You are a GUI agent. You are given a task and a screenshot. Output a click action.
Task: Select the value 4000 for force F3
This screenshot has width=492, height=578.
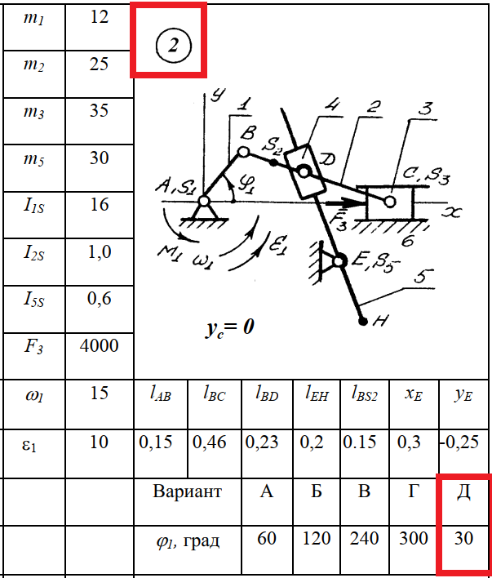tap(99, 345)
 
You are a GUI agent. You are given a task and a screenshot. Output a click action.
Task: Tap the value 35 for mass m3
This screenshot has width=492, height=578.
tap(99, 111)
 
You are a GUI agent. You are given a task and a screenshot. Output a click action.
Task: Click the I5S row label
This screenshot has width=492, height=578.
tap(33, 299)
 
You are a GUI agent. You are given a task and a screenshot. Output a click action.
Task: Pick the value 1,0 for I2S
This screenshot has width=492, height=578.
tap(99, 251)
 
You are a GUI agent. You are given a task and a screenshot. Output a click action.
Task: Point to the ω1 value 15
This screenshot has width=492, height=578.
tap(99, 393)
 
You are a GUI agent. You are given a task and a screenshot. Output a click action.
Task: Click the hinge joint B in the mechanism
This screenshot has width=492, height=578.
tap(242, 153)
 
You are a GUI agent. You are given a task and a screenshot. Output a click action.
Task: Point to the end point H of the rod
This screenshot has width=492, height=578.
tap(363, 322)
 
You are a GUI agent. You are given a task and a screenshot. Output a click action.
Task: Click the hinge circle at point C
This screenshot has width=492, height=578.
tap(389, 199)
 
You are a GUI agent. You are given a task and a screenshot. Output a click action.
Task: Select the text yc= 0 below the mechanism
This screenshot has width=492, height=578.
tap(230, 327)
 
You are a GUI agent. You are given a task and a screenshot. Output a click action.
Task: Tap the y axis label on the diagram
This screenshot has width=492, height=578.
tap(217, 95)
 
